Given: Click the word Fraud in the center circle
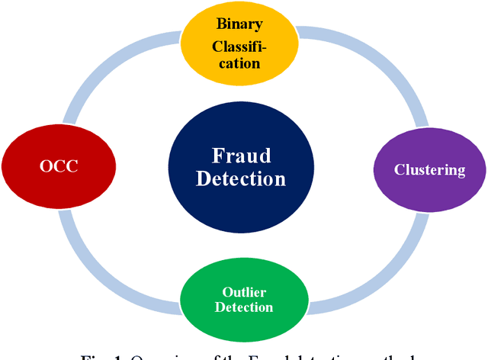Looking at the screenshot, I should pyautogui.click(x=241, y=156).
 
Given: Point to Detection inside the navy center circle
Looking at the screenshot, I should pyautogui.click(x=241, y=179).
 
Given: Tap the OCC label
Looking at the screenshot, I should pyautogui.click(x=58, y=166).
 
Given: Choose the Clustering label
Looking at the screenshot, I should pyautogui.click(x=429, y=169).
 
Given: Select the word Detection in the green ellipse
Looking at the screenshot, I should pyautogui.click(x=243, y=307).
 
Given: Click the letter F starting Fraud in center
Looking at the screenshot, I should pyautogui.click(x=217, y=156).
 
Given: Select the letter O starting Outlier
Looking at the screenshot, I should pyautogui.click(x=226, y=292).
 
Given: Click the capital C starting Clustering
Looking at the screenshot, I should pyautogui.click(x=398, y=169).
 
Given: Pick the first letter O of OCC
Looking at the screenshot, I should pyautogui.click(x=45, y=166).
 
